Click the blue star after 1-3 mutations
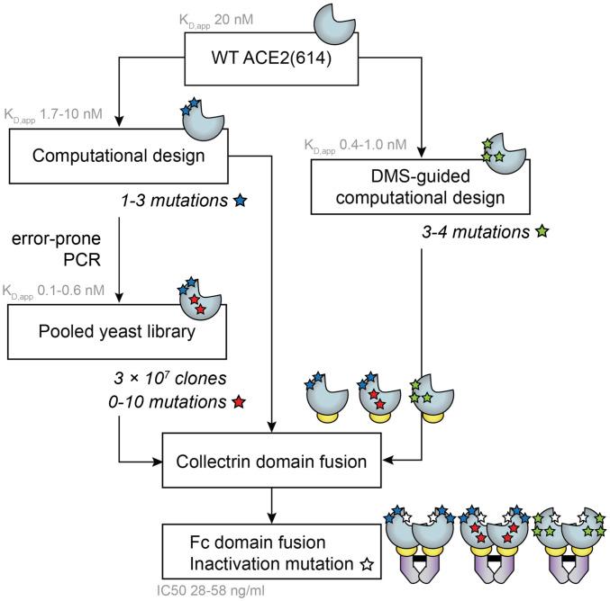[241, 196]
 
